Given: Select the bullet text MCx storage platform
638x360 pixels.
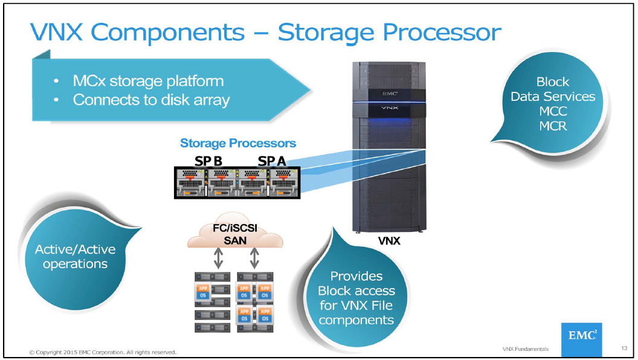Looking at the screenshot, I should (148, 81).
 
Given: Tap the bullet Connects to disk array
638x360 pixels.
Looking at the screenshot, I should (151, 100).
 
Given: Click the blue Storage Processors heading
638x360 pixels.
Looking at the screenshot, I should (238, 143).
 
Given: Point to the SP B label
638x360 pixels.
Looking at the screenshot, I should (208, 161).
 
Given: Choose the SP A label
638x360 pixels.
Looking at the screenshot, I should (272, 161).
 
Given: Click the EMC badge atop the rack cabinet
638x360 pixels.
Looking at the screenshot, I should (388, 94).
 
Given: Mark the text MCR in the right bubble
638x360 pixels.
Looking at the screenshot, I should (552, 126).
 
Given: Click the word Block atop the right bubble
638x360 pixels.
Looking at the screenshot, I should (552, 82).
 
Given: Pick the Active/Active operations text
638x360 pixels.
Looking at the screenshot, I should (75, 257).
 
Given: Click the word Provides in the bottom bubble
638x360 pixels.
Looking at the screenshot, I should (356, 276).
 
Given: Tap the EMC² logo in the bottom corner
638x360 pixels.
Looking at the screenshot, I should (581, 336).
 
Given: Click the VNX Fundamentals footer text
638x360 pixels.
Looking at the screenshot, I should (525, 349).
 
